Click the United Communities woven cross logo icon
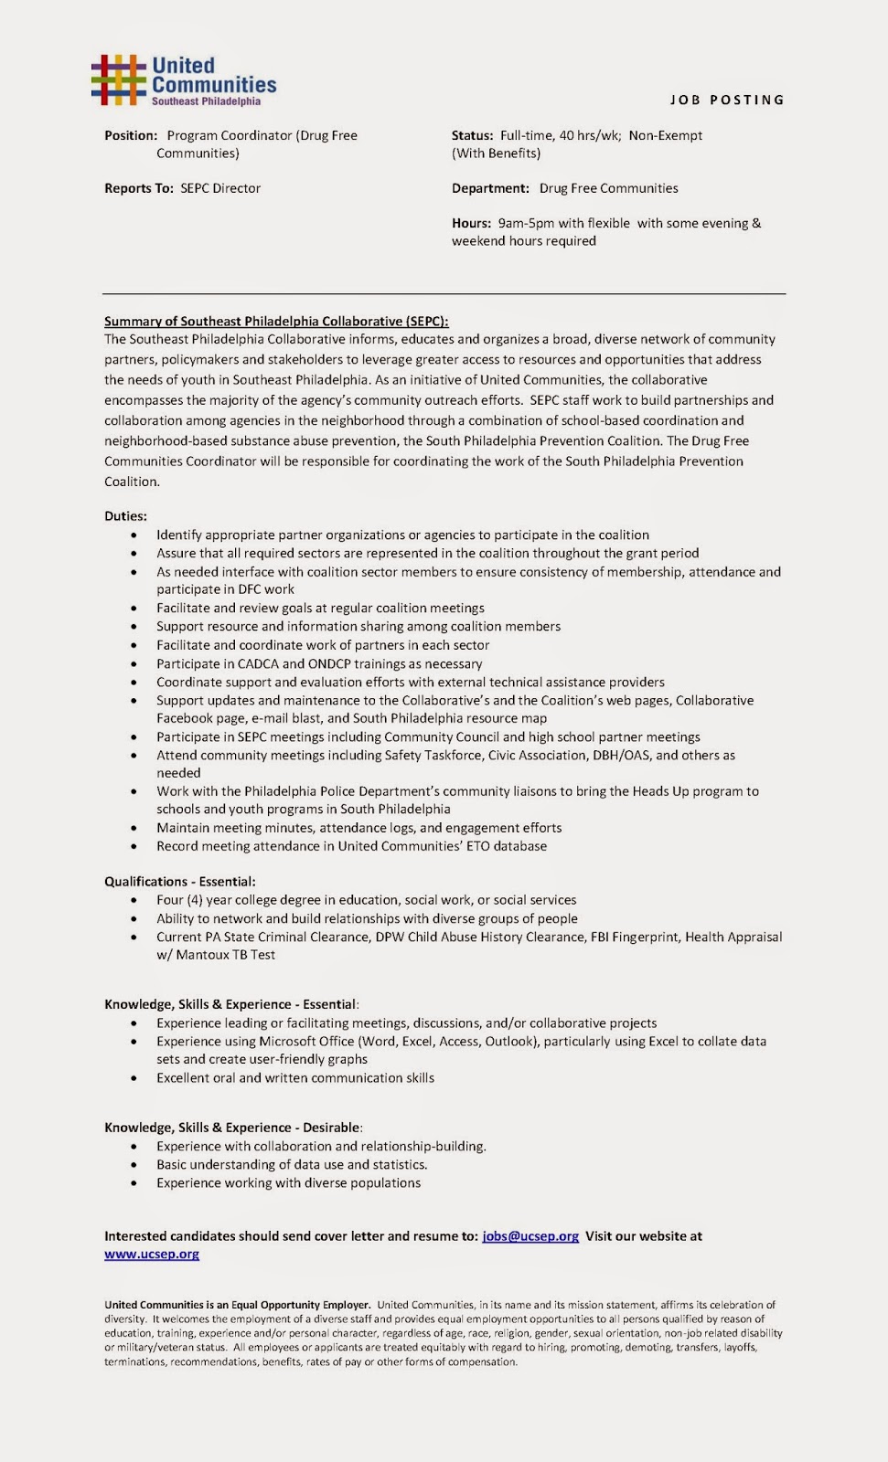118,79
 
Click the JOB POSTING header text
727,100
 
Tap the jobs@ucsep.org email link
530,1236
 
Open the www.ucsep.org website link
152,1255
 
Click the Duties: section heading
125,516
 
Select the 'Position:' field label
131,135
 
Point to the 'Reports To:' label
138,188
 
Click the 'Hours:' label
471,223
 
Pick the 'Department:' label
490,188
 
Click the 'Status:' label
472,135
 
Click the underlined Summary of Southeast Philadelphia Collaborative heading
276,322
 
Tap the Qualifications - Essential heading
180,882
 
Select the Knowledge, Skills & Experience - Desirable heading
233,1128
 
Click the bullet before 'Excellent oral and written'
134,1078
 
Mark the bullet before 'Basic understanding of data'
134,1165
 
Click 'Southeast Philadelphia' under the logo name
206,101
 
